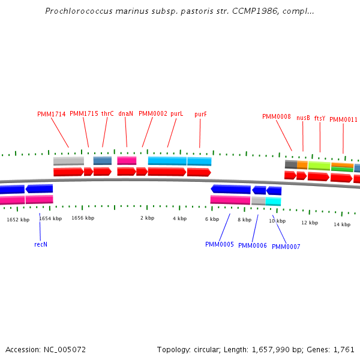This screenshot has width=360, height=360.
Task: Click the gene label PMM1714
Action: pos(51,114)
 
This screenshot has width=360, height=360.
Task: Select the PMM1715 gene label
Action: pos(83,113)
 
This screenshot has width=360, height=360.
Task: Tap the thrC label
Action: pos(107,113)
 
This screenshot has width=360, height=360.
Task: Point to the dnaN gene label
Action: pos(125,113)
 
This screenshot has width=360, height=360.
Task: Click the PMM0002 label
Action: pos(152,113)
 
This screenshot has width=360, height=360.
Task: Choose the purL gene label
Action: pos(176,113)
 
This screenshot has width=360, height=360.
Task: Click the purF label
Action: pos(200,114)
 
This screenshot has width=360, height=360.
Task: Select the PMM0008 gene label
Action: pos(276,116)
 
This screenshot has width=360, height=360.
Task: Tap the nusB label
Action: pos(303,118)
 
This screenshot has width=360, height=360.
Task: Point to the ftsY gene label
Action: pos(320,119)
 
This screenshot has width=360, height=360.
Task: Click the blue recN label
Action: pos(40,244)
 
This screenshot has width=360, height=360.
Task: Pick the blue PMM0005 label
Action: pos(219,244)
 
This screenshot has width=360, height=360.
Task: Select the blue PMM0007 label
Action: pos(286,247)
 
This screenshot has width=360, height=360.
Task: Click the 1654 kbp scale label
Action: pos(50,219)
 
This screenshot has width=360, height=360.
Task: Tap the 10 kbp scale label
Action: pos(277,221)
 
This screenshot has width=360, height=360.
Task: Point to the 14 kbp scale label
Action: pos(341,224)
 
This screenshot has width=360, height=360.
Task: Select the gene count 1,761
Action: pos(343,349)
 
